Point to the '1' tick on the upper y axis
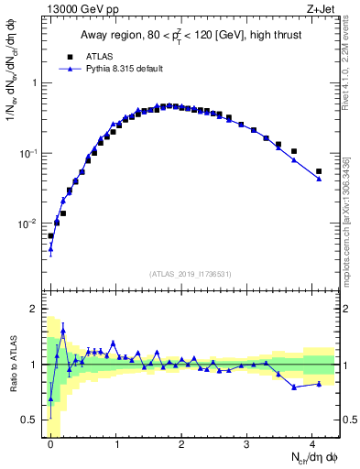(x=37, y=82)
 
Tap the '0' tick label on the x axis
(x=50, y=442)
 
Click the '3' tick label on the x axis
(x=247, y=442)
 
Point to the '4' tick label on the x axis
(x=312, y=442)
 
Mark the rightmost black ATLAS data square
(x=319, y=171)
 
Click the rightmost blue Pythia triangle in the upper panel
(x=319, y=179)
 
